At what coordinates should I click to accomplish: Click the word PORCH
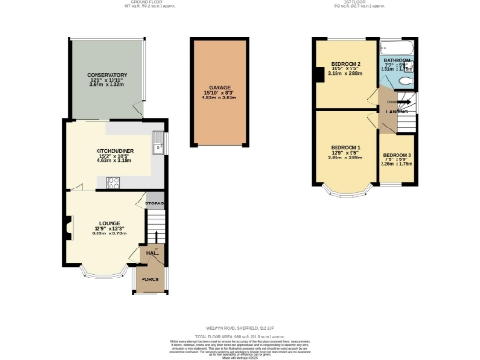point(150,278)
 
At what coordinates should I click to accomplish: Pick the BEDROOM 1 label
point(344,147)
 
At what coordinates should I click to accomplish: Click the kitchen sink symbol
point(158,145)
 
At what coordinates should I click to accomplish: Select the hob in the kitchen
point(113,182)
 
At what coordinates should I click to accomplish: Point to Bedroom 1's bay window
point(345,195)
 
